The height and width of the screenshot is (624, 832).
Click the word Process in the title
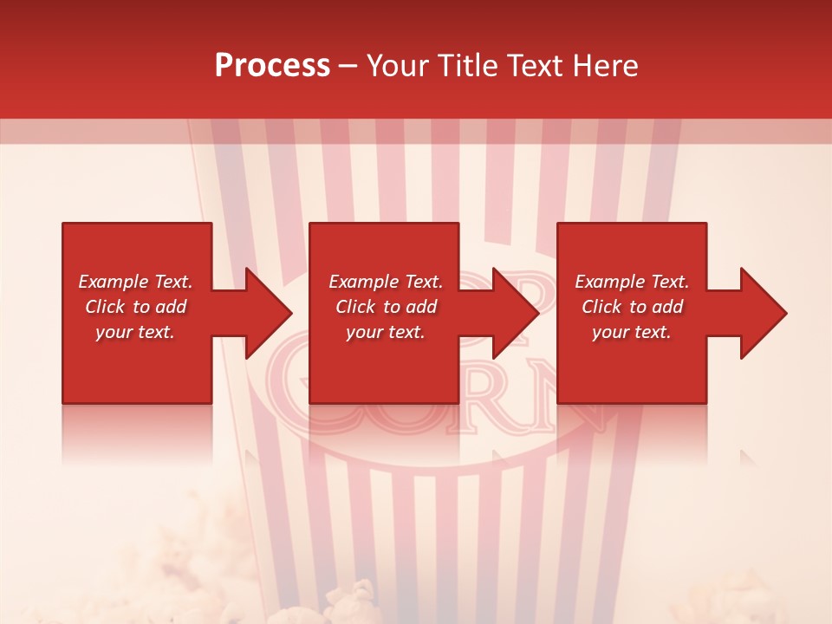click(272, 66)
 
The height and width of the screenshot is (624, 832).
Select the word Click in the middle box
click(356, 307)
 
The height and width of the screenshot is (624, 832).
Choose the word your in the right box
click(609, 332)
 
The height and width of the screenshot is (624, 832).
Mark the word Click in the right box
click(602, 307)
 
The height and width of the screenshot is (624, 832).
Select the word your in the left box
click(113, 332)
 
